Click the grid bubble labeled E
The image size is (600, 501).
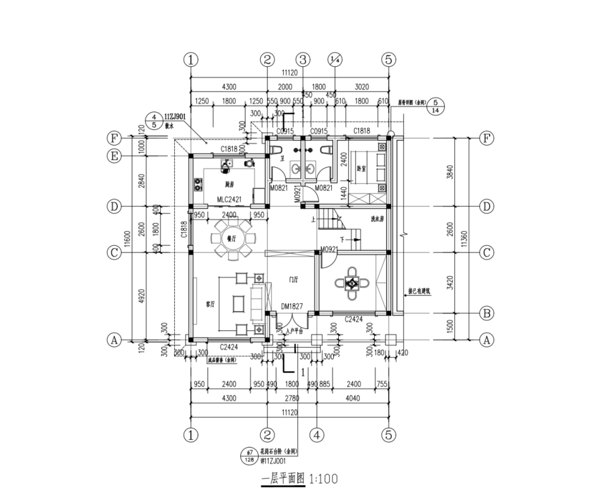click(x=114, y=156)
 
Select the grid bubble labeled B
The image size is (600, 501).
click(x=486, y=313)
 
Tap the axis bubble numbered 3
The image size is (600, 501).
click(x=303, y=60)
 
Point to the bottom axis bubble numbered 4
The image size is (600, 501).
click(x=318, y=434)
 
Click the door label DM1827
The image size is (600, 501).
click(x=293, y=306)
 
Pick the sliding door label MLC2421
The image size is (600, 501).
click(x=230, y=200)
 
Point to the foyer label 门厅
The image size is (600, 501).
click(x=293, y=278)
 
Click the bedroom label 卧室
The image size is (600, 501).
click(x=362, y=169)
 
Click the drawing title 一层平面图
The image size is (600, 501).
click(x=283, y=479)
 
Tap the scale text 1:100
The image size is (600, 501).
click(x=324, y=479)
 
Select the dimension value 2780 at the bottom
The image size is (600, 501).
click(x=292, y=399)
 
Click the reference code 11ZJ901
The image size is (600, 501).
click(x=175, y=117)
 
